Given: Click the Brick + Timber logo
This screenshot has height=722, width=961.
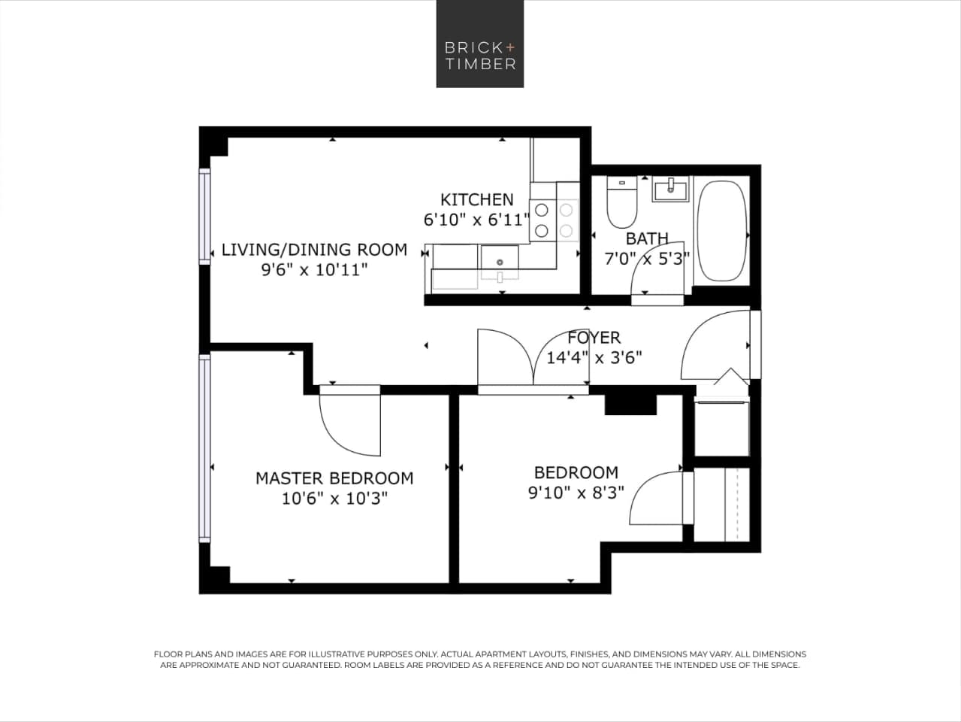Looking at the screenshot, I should (x=480, y=44).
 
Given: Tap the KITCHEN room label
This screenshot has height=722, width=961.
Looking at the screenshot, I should (x=477, y=199).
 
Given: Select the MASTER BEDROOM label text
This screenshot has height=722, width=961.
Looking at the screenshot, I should (x=334, y=478).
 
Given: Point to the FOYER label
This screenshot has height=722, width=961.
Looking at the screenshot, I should (x=594, y=338).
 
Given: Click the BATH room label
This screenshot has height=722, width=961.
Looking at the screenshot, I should (x=647, y=238).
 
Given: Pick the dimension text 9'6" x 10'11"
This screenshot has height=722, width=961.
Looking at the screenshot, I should (x=314, y=269).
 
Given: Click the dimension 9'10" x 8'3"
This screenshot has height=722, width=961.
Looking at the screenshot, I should (x=576, y=493).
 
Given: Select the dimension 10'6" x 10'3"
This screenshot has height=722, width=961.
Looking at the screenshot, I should (x=334, y=498).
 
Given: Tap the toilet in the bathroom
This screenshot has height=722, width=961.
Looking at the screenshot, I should (x=621, y=204).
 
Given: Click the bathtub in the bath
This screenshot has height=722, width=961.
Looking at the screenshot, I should (x=721, y=231).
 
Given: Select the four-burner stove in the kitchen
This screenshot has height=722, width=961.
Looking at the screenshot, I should (x=554, y=220).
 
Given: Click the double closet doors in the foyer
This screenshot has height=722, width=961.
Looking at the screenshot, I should (x=533, y=359).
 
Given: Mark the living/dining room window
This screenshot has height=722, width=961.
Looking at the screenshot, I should (x=204, y=216).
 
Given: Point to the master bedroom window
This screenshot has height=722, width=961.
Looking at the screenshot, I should (x=204, y=447).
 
